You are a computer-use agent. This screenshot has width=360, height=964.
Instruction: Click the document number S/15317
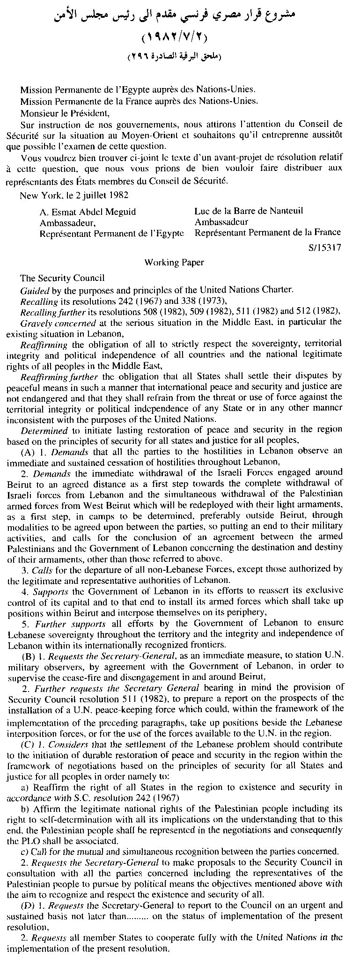(324, 248)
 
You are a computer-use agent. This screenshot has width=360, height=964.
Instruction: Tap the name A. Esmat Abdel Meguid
(88, 212)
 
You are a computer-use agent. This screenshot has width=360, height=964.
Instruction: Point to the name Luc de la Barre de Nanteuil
(249, 211)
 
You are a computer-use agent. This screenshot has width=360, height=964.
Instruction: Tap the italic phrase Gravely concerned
(59, 323)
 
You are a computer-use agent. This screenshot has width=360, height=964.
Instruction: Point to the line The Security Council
(62, 278)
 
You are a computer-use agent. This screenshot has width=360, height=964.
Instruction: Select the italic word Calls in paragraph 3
(41, 570)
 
